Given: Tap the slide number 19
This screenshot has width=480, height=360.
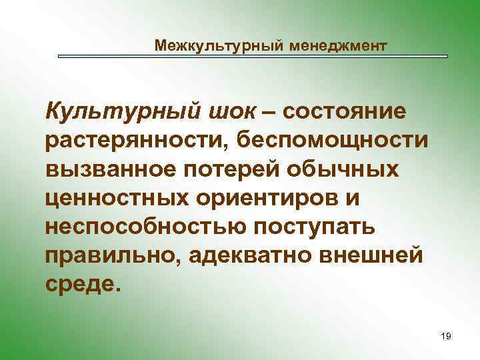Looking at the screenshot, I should [446, 337].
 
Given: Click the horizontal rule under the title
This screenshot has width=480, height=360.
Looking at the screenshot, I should [253, 57].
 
